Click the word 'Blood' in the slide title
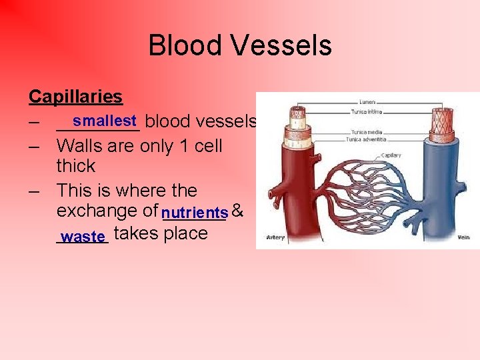[x=185, y=45]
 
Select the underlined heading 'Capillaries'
[x=75, y=97]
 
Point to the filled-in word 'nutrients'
[x=195, y=213]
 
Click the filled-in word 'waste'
[x=83, y=236]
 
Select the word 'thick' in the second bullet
[x=76, y=166]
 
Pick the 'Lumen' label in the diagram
[x=367, y=102]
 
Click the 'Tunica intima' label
[x=371, y=111]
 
